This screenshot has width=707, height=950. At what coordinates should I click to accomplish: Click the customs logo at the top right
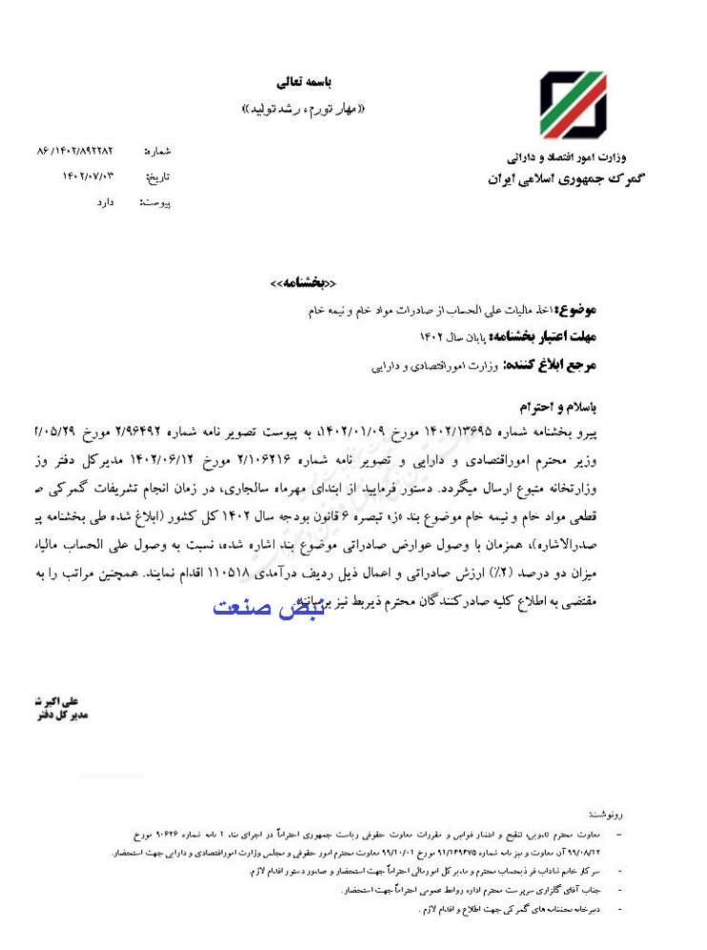[573, 105]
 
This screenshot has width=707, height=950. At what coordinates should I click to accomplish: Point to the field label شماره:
[157, 151]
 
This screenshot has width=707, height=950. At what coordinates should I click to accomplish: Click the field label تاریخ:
[157, 176]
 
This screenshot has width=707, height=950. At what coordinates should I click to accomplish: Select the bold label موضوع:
[580, 310]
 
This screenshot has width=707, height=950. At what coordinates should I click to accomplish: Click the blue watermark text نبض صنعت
[270, 608]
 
